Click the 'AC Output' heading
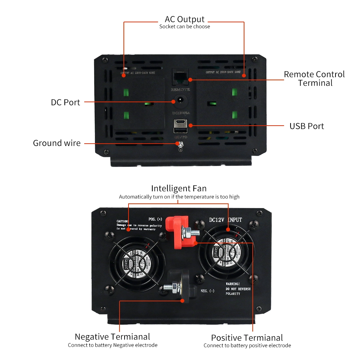(184, 19)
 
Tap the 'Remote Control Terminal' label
(314, 78)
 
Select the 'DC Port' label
(65, 102)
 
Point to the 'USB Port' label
(306, 126)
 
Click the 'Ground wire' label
(57, 143)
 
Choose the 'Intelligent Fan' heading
(179, 188)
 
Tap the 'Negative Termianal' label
(112, 337)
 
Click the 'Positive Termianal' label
(247, 338)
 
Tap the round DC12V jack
(180, 102)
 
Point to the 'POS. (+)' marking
(155, 219)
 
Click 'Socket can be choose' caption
(184, 27)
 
